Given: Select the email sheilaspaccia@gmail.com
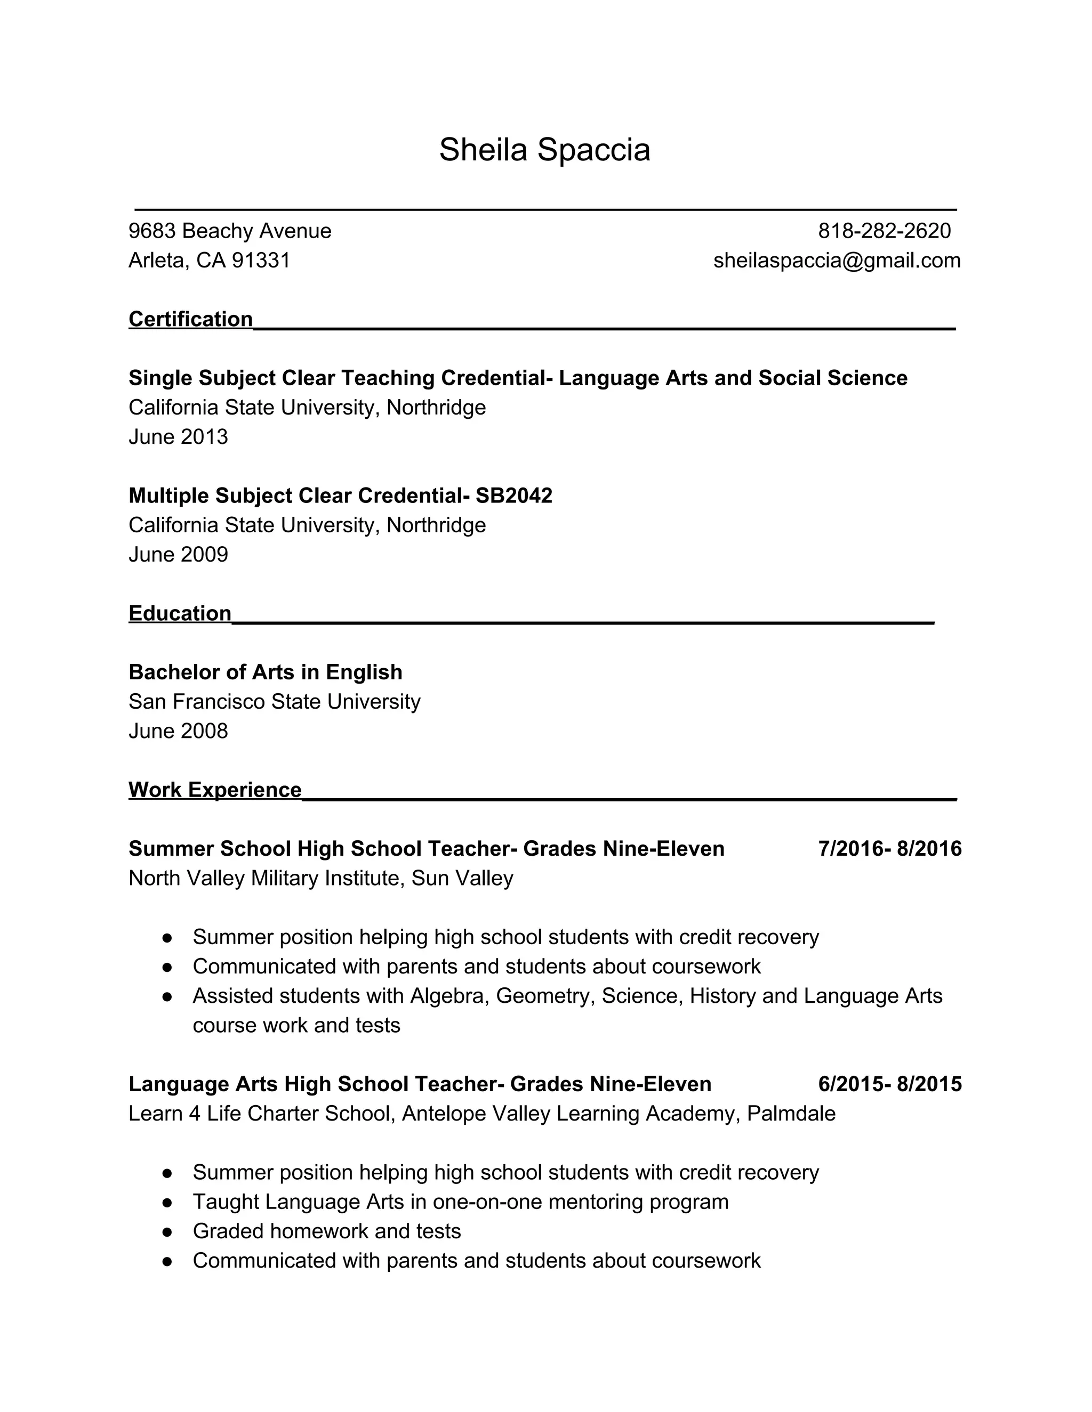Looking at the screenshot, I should click(x=837, y=261).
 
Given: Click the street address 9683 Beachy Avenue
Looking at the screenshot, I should click(x=230, y=231).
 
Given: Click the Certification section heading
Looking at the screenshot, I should click(x=190, y=319).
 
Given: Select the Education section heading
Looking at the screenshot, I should click(x=180, y=613).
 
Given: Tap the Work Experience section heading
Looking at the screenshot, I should click(x=215, y=790).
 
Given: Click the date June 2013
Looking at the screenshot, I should click(x=178, y=437).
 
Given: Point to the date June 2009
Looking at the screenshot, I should click(x=178, y=555).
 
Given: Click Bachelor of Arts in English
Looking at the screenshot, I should click(x=265, y=672).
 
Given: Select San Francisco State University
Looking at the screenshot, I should click(x=274, y=702).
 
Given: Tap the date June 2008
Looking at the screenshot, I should click(x=178, y=731).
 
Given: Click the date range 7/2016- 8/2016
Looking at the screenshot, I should click(x=889, y=849).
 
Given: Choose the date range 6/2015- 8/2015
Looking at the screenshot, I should click(x=889, y=1084).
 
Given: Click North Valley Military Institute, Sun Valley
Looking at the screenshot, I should click(x=321, y=879).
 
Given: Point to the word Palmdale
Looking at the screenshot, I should click(x=791, y=1114).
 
